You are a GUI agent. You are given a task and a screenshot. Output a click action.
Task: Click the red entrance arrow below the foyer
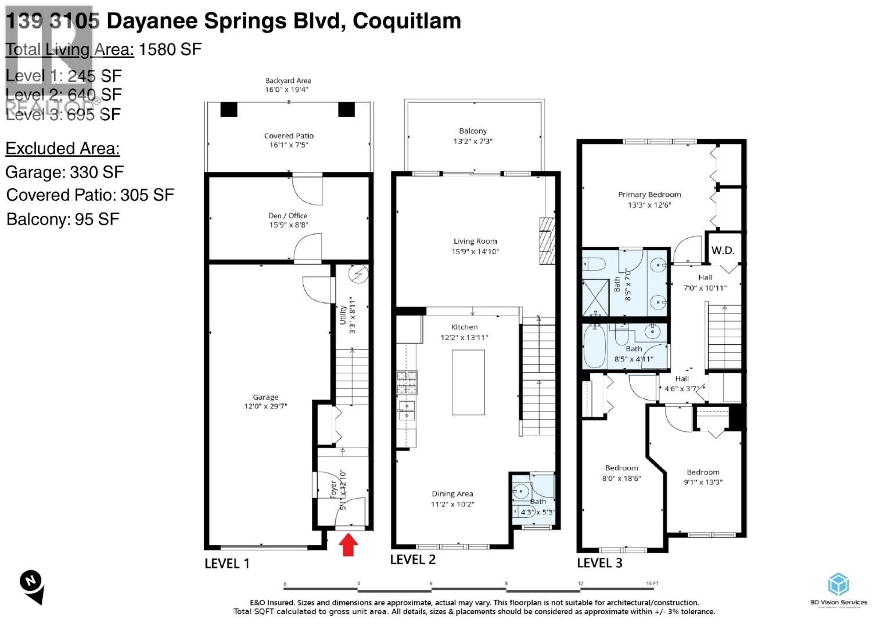[348, 545]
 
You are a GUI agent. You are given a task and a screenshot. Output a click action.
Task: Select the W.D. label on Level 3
[723, 250]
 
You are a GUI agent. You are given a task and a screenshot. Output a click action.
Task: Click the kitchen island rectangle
[468, 383]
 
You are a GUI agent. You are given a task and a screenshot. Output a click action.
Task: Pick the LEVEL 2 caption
[412, 559]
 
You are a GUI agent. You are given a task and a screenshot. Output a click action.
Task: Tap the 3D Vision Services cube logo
[838, 584]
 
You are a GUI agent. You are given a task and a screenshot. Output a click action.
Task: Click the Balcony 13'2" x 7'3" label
[473, 136]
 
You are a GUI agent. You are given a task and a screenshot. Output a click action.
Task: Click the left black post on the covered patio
[229, 109]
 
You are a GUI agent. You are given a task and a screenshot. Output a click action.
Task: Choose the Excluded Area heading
[63, 149]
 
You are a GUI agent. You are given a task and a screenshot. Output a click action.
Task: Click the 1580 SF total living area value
[170, 49]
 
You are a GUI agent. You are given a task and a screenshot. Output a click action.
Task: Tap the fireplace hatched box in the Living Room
[547, 240]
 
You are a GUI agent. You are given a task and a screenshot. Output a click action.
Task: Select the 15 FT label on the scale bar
[652, 583]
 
